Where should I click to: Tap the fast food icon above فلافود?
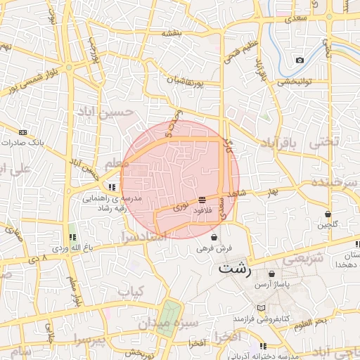pyautogui.click(x=202, y=200)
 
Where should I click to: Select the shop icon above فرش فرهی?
pyautogui.click(x=214, y=238)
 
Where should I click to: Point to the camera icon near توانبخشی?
pyautogui.click(x=300, y=60)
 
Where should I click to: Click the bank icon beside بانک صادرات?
pyautogui.click(x=23, y=131)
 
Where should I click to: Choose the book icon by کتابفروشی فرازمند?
pyautogui.click(x=262, y=308)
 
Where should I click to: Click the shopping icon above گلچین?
pyautogui.click(x=328, y=214)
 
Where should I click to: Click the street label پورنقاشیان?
pyautogui.click(x=186, y=82)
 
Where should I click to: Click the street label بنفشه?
pyautogui.click(x=173, y=33)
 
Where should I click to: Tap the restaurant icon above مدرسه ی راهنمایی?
pyautogui.click(x=112, y=187)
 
